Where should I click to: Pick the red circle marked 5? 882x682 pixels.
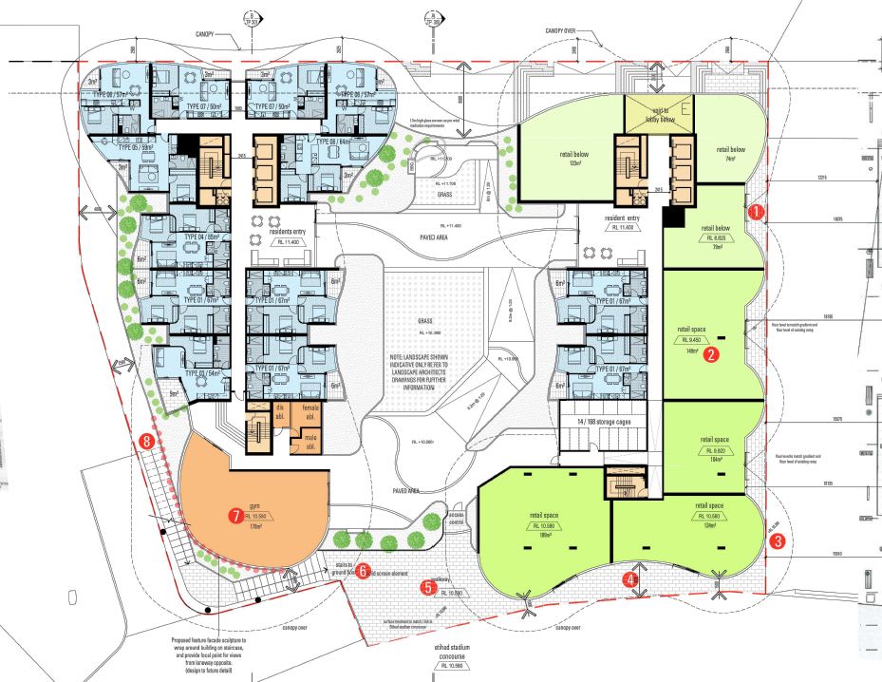pyautogui.click(x=428, y=588)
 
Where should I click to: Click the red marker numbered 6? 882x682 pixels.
pyautogui.click(x=362, y=572)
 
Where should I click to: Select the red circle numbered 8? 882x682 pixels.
pyautogui.click(x=146, y=441)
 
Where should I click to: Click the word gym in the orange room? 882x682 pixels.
pyautogui.click(x=253, y=508)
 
